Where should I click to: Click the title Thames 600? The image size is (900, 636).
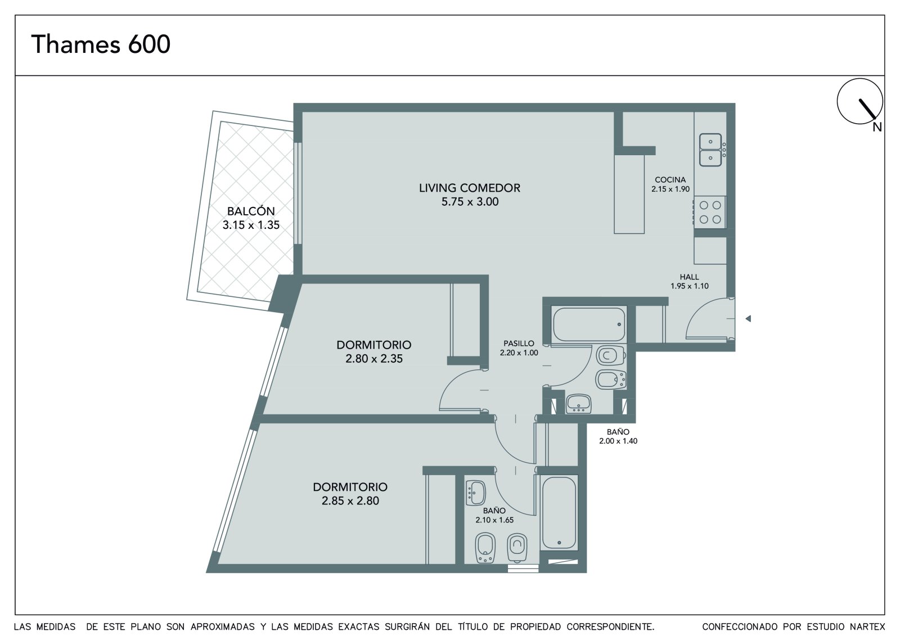click(101, 44)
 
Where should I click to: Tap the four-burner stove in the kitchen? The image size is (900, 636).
click(710, 212)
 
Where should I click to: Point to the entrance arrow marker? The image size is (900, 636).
click(748, 319)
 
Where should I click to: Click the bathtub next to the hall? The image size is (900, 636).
click(589, 324)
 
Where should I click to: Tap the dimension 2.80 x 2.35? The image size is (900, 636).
click(373, 358)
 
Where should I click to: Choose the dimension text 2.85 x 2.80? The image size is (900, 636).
click(350, 500)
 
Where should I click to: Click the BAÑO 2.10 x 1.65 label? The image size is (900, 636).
click(494, 515)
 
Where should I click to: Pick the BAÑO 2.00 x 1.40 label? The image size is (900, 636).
click(618, 436)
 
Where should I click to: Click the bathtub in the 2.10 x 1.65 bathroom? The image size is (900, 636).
click(559, 512)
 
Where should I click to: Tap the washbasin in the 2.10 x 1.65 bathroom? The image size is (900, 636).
click(476, 493)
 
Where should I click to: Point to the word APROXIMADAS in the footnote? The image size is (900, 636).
click(223, 627)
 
